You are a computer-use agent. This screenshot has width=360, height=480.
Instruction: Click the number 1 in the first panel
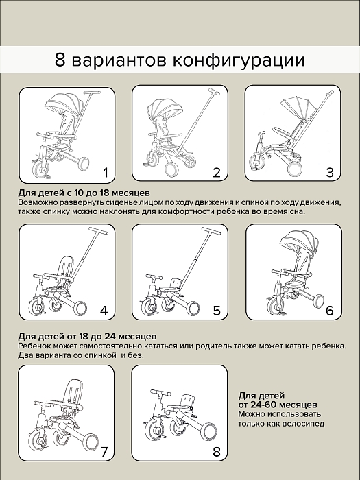coord(105,172)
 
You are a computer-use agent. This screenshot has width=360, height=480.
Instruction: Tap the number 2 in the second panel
coord(217,172)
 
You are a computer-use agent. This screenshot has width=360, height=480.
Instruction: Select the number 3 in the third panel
coord(329,172)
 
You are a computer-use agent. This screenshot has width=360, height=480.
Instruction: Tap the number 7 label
coord(104,451)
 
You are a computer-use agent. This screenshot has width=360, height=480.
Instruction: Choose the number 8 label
coord(217,451)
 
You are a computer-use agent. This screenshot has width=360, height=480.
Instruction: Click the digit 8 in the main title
coord(61,59)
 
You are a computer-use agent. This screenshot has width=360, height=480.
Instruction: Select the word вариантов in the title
coord(120,60)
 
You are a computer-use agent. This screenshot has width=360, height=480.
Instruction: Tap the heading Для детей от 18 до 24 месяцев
coord(88,337)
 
